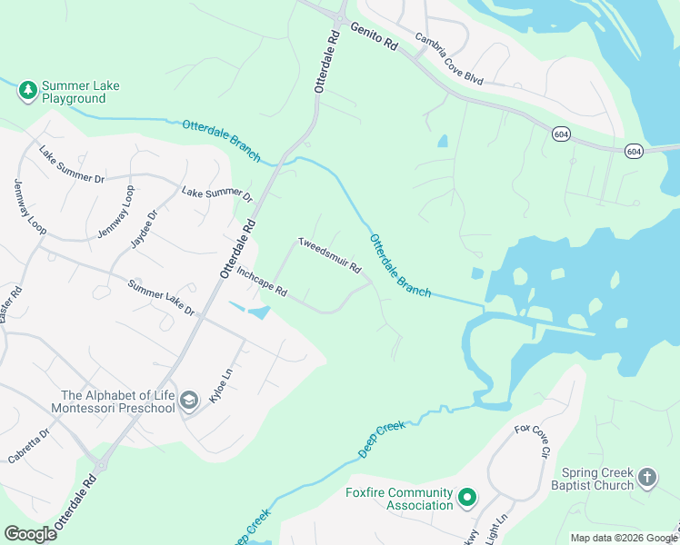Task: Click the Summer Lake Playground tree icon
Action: tap(28, 90)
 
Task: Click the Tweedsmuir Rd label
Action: tap(330, 256)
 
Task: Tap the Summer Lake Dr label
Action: tap(161, 298)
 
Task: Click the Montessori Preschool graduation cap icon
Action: tap(189, 401)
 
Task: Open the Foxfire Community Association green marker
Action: tap(466, 498)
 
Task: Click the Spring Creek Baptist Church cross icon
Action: tap(646, 478)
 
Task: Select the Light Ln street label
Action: tap(496, 530)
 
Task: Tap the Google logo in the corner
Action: tap(30, 534)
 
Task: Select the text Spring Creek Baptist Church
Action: tap(595, 479)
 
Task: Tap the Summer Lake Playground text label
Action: tap(82, 92)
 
